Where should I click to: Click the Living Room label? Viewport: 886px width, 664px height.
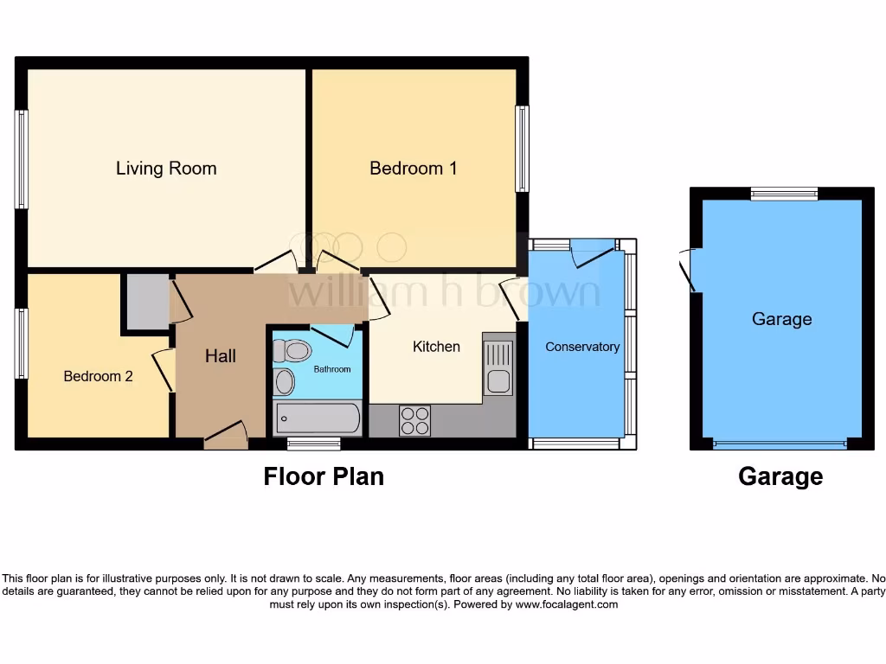coord(166,168)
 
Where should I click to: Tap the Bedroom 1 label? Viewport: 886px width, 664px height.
coord(413,168)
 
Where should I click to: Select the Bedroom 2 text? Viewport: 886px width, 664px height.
coord(98,376)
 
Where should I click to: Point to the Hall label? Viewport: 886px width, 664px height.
coord(221,355)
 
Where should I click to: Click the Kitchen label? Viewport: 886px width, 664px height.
coord(436,346)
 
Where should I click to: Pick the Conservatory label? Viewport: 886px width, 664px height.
coord(582,347)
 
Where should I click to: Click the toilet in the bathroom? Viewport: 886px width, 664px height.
coord(292,350)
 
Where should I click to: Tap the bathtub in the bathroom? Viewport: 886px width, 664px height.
coord(317,419)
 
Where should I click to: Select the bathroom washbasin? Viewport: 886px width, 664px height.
coord(285,381)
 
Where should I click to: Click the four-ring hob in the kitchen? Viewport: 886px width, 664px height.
coord(414,420)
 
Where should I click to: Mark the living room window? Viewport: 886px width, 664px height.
coord(22,159)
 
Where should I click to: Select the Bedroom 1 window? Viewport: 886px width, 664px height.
coord(522,149)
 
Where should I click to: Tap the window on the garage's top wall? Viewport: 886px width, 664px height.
coord(784,194)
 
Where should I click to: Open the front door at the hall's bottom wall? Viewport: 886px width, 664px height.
coord(226,437)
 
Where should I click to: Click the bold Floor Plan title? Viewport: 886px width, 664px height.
coord(324,476)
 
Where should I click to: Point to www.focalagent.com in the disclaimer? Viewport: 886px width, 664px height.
coord(567,604)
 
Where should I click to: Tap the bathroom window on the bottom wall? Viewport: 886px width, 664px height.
coord(313,444)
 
